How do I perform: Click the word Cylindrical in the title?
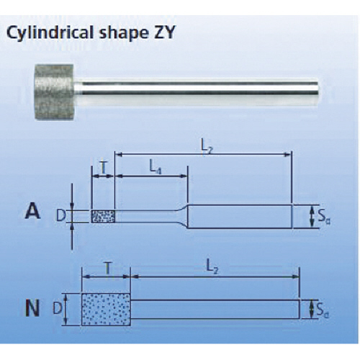point(50,32)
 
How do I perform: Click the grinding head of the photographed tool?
point(54,91)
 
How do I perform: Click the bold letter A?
point(32,212)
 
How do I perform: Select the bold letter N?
point(32,309)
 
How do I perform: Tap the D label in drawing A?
point(60,216)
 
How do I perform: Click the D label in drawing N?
point(58,308)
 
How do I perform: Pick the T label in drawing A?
point(103,168)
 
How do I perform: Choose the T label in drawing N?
point(108,269)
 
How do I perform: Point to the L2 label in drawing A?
point(207,149)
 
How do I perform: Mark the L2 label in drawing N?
point(212,269)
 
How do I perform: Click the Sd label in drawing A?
point(324,217)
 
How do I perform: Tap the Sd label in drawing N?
point(323,311)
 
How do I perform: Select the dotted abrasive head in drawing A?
point(103,216)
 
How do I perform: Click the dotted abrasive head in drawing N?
point(106,310)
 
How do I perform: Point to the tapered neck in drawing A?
point(181,216)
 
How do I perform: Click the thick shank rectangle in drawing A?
point(240,216)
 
